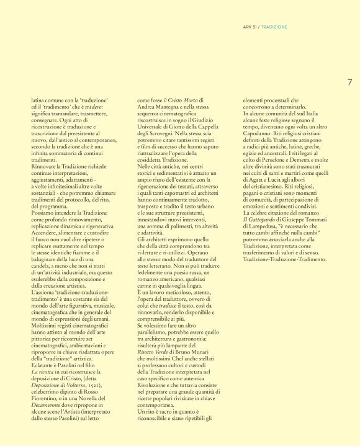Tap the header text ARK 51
(249, 27)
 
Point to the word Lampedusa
(266, 225)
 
